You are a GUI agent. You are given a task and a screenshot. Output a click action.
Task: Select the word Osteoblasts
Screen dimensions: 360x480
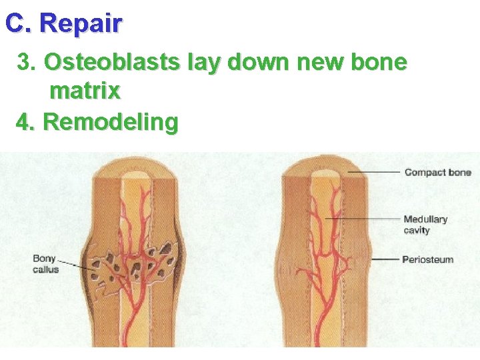click(111, 63)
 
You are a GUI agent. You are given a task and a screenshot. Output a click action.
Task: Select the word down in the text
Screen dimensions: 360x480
click(254, 63)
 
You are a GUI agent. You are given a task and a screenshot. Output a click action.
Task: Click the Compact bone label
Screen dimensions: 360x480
click(437, 173)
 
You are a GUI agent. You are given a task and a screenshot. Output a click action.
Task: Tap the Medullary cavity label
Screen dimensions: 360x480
click(425, 225)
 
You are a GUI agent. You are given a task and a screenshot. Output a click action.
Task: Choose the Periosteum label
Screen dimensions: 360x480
click(427, 259)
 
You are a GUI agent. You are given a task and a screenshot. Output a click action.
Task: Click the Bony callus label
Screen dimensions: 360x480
click(45, 263)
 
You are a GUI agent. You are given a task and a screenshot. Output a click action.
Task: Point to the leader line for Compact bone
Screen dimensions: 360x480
click(373, 173)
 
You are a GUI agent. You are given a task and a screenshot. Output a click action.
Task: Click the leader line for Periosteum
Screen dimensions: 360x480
click(385, 259)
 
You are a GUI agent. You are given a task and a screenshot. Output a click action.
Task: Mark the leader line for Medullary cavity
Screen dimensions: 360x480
click(363, 219)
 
